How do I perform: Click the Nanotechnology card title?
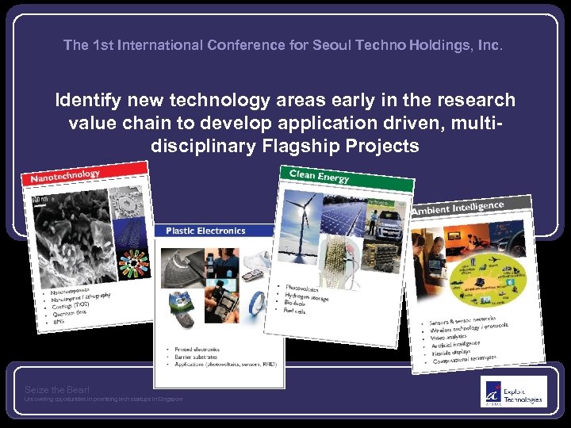65,176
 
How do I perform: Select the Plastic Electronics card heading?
205,231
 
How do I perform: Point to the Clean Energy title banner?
319,175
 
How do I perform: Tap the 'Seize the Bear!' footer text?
57,389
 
